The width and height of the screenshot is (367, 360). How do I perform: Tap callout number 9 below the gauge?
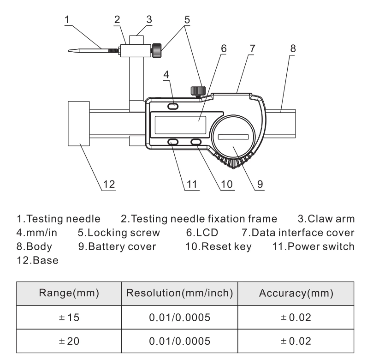point(260,184)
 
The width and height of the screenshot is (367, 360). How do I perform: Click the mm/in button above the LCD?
point(174,107)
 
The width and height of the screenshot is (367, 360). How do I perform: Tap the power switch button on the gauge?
point(174,142)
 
